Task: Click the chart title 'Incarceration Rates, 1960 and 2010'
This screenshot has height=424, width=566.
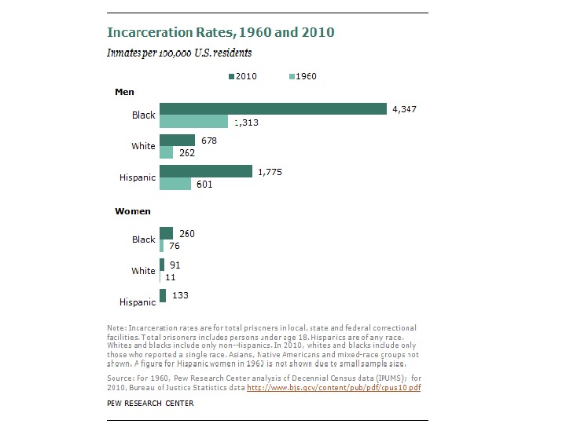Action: pyautogui.click(x=221, y=33)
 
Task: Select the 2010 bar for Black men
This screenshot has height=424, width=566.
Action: pyautogui.click(x=273, y=108)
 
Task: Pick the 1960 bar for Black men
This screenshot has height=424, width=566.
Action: pyautogui.click(x=193, y=122)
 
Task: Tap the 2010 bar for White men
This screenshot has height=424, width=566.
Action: pyautogui.click(x=177, y=140)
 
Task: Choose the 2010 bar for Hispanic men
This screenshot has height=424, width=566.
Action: pyautogui.click(x=206, y=171)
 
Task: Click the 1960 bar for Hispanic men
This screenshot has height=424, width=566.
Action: pyautogui.click(x=175, y=184)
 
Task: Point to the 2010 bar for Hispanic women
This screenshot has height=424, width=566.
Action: pyautogui.click(x=163, y=295)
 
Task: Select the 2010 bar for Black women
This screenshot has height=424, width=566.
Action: pyautogui.click(x=166, y=233)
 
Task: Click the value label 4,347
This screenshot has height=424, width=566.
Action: pyautogui.click(x=405, y=109)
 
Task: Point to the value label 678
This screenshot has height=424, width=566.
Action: pyautogui.click(x=209, y=140)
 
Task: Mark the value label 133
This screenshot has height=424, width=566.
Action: pyautogui.click(x=180, y=295)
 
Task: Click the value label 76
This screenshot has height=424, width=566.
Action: pyautogui.click(x=175, y=246)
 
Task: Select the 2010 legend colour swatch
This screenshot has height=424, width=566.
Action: pyautogui.click(x=232, y=76)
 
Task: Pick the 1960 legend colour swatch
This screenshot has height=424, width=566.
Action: pyautogui.click(x=292, y=76)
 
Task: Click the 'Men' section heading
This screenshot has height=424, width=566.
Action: pyautogui.click(x=124, y=92)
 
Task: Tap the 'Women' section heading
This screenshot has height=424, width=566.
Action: pyautogui.click(x=133, y=211)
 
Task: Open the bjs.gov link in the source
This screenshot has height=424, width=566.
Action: pyautogui.click(x=333, y=388)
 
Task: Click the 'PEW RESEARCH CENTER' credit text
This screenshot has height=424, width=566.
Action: pyautogui.click(x=150, y=404)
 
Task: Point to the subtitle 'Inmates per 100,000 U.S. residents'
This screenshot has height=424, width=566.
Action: pyautogui.click(x=179, y=53)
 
